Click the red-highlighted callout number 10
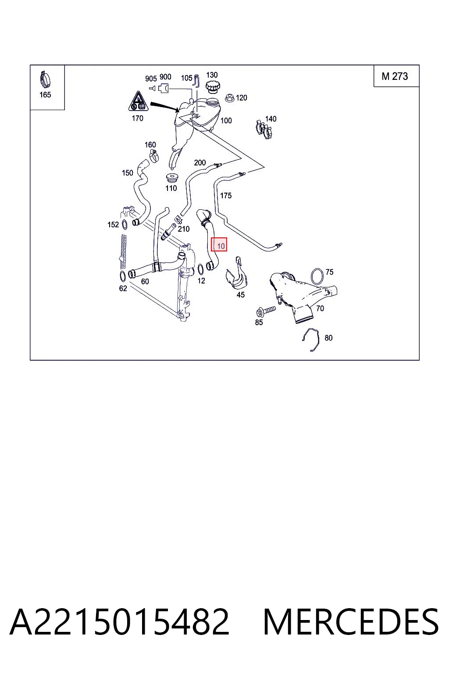221,246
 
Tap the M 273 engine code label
395,76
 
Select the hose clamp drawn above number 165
45,79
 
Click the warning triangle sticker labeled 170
139,101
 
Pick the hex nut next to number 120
230,98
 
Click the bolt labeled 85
266,311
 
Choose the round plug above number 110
171,178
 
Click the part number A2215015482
119,622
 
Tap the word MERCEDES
351,622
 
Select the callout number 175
226,196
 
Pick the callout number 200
200,163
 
